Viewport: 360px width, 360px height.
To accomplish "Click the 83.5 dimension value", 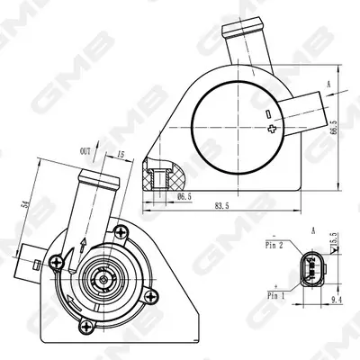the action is [x=222, y=206].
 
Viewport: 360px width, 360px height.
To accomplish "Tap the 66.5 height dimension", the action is [x=333, y=127].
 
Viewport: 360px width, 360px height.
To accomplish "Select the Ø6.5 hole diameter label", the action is [x=184, y=197].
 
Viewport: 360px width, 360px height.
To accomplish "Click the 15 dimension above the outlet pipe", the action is [x=121, y=155].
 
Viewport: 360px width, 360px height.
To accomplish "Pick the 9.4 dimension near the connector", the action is [x=335, y=299].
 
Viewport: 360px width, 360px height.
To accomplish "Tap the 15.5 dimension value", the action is [x=336, y=238].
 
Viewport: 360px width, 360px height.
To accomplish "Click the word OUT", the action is [x=85, y=151].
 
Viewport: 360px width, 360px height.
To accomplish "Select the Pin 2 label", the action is [x=274, y=246].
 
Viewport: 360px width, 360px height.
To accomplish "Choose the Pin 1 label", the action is [x=275, y=296].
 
